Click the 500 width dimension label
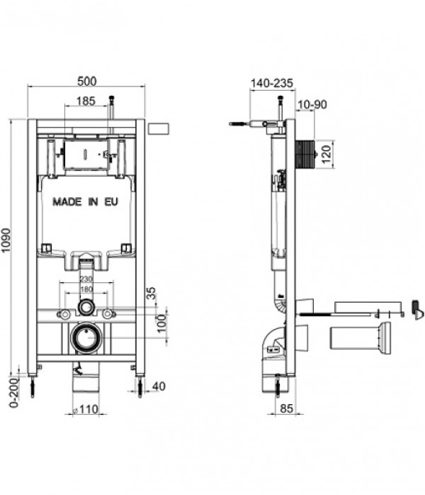coord(89,80)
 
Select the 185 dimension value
coord(85,101)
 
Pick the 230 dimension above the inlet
coord(86,279)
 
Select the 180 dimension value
coord(86,290)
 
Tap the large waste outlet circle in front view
coord(85,337)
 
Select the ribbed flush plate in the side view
coord(306,153)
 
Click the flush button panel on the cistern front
coord(85,153)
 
